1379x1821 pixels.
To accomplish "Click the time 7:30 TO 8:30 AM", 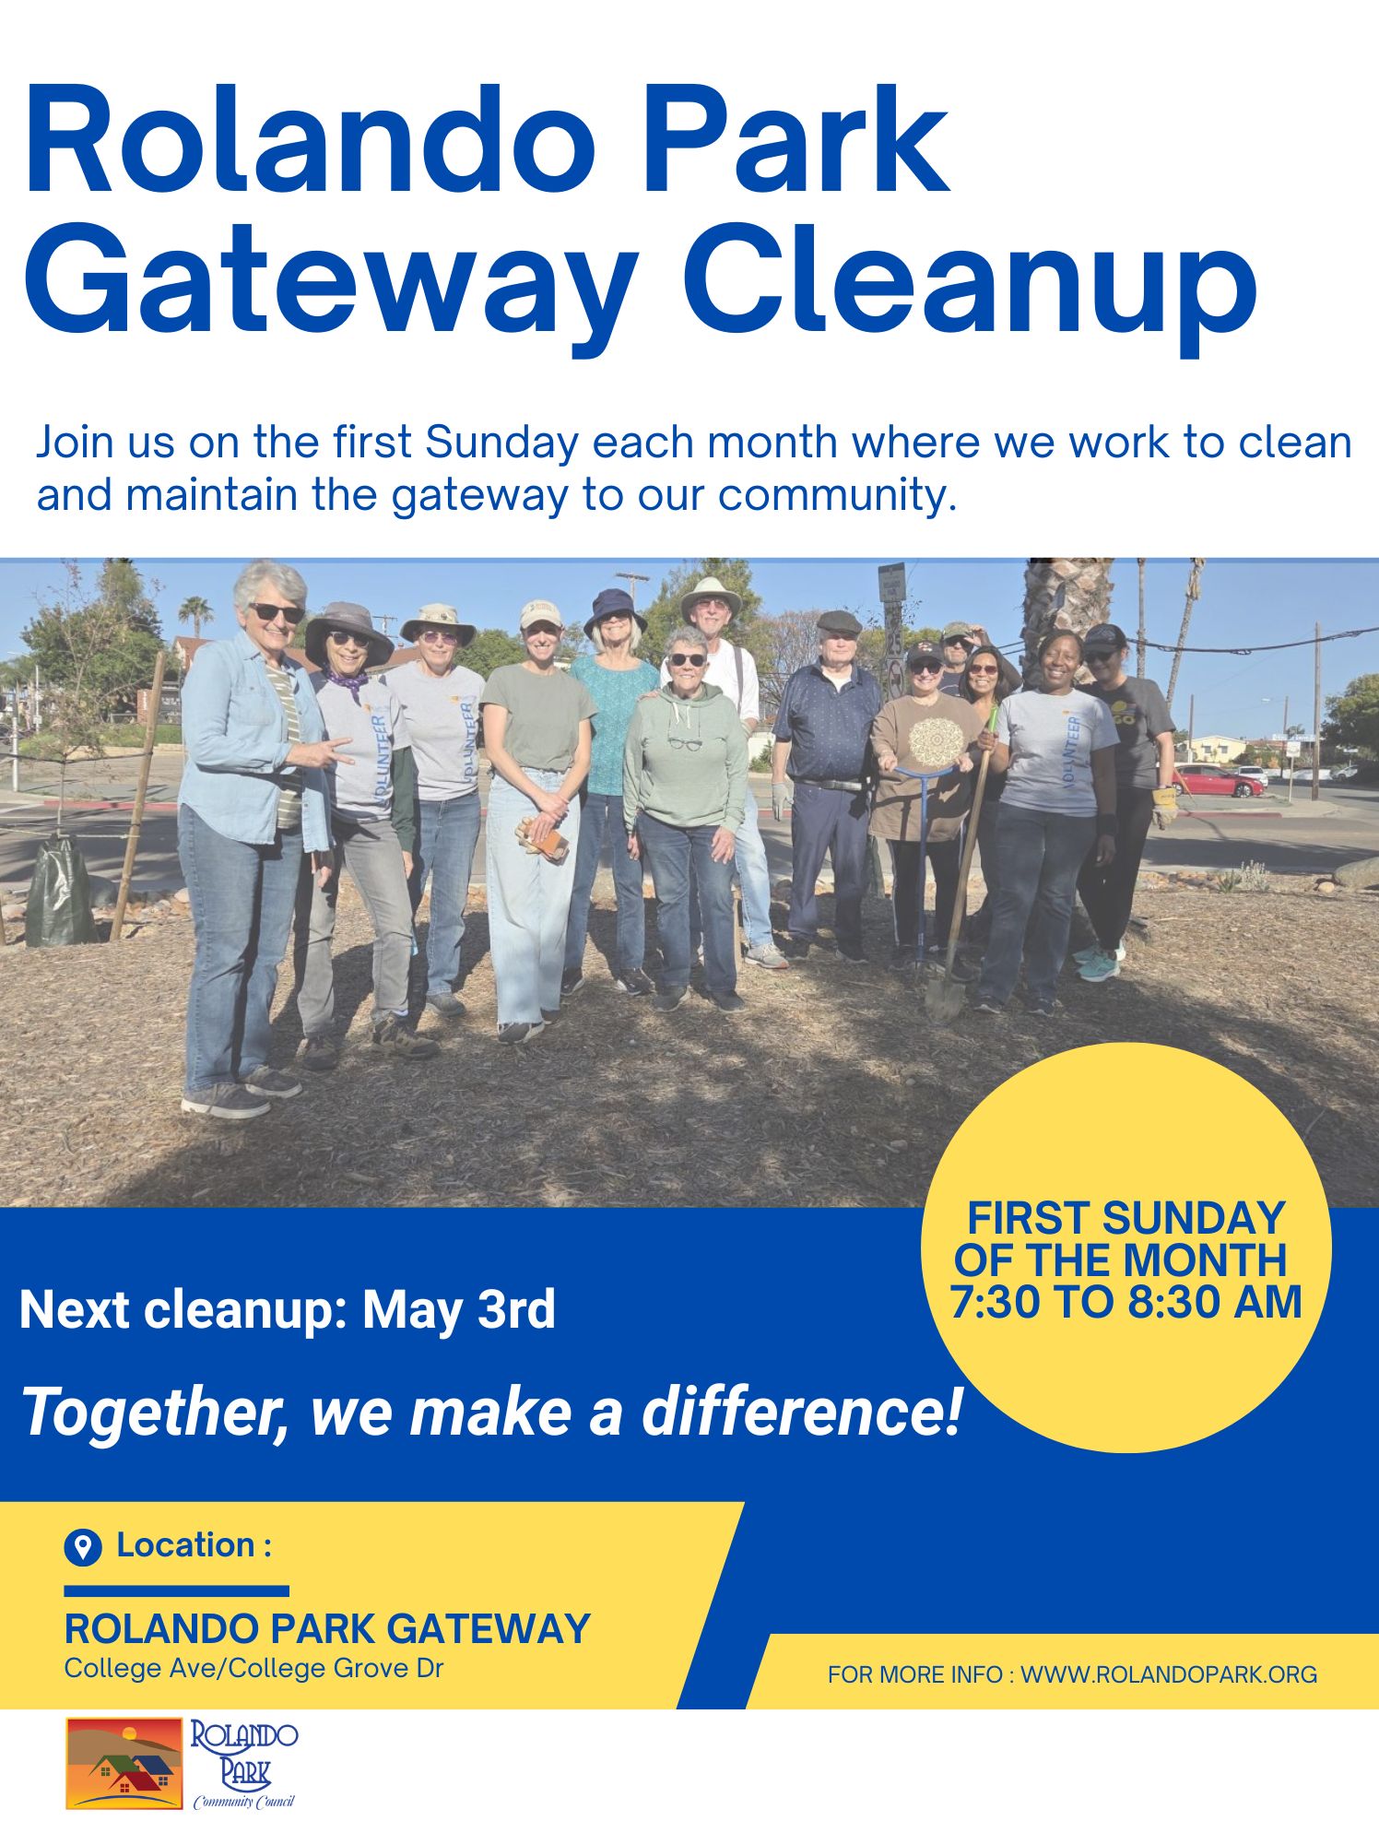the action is (1126, 1302).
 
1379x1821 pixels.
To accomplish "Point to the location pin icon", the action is (83, 1547).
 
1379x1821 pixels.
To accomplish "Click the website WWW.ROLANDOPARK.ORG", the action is (1169, 1674).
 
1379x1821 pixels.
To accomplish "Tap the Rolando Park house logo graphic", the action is (124, 1763).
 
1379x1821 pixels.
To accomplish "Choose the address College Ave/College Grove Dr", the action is (253, 1668).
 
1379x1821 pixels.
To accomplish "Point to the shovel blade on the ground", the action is (945, 996).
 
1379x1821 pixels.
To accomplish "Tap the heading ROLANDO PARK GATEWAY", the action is (327, 1629).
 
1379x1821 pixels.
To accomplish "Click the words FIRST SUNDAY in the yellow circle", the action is (1126, 1219).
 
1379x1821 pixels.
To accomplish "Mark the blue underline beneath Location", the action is (176, 1590).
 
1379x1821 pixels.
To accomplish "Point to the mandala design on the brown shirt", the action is (936, 739).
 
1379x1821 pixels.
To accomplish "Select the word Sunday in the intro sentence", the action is (501, 443).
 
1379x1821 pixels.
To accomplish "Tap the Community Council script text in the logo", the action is (244, 1802).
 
